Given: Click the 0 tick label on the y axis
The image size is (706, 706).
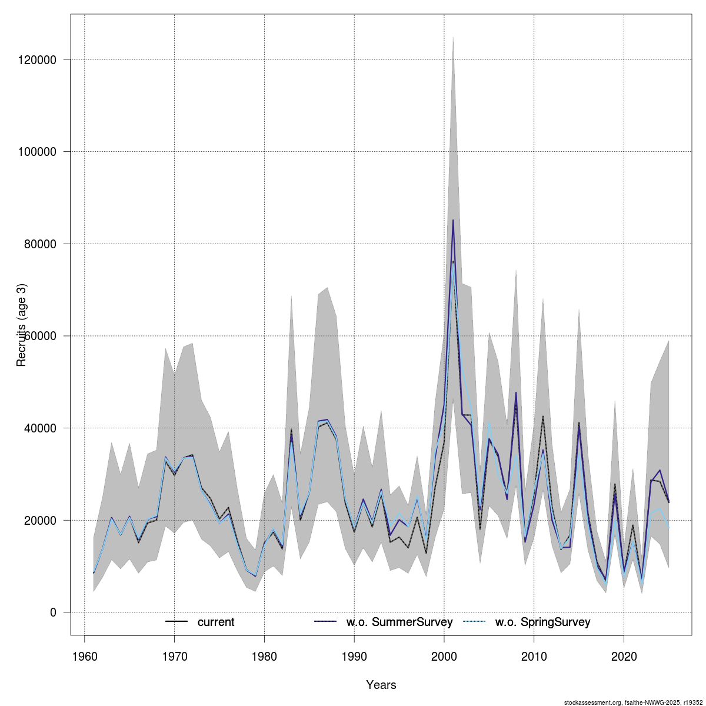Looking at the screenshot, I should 53,612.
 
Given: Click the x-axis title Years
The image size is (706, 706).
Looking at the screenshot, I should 381,685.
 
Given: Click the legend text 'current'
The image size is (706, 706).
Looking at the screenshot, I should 216,622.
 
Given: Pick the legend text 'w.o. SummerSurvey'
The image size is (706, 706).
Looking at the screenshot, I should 399,622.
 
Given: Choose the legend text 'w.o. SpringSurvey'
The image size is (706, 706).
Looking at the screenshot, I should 543,622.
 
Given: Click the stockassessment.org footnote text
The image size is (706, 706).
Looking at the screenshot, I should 633,702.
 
